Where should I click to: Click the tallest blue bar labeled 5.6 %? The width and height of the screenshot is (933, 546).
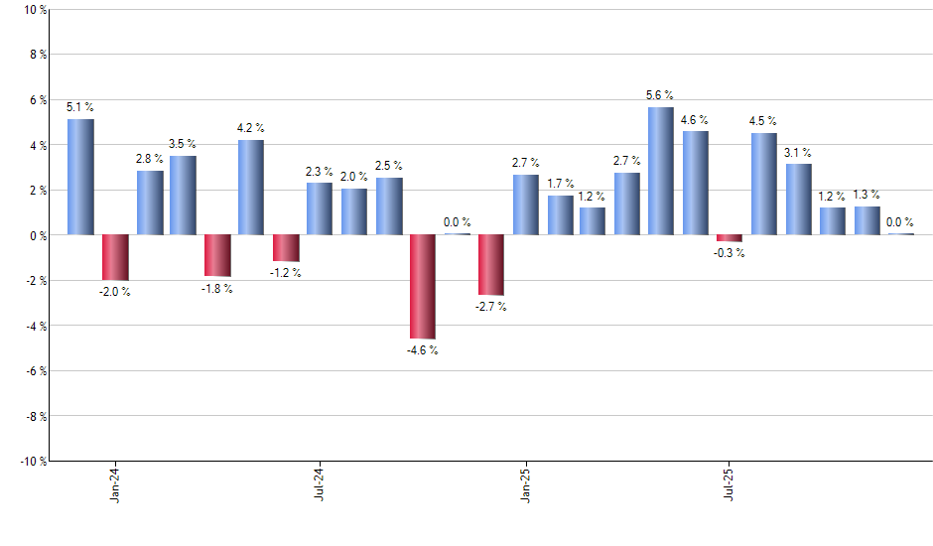coord(661,171)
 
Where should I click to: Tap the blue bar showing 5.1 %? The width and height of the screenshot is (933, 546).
coord(80,177)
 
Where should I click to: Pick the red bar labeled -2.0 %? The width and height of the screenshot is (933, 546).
coord(115,257)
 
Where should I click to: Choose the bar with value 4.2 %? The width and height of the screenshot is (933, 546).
coord(251,188)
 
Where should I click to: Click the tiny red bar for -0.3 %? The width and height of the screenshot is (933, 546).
coord(730,238)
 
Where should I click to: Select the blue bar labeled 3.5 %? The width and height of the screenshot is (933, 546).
coord(183,196)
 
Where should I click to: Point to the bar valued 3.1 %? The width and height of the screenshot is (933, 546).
coord(798,200)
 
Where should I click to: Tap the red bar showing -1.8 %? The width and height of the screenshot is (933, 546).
coord(217,255)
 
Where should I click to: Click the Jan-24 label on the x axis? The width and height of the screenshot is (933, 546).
coord(115,483)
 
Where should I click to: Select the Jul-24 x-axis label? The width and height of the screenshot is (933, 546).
coord(320,483)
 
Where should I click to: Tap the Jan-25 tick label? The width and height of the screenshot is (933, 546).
coord(525,483)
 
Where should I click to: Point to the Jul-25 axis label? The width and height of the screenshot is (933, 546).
coord(730,483)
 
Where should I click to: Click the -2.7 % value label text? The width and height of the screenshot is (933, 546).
coord(490,307)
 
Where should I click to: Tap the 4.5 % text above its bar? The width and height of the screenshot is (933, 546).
coord(763,122)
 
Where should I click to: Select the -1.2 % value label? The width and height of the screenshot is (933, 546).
coord(286,272)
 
